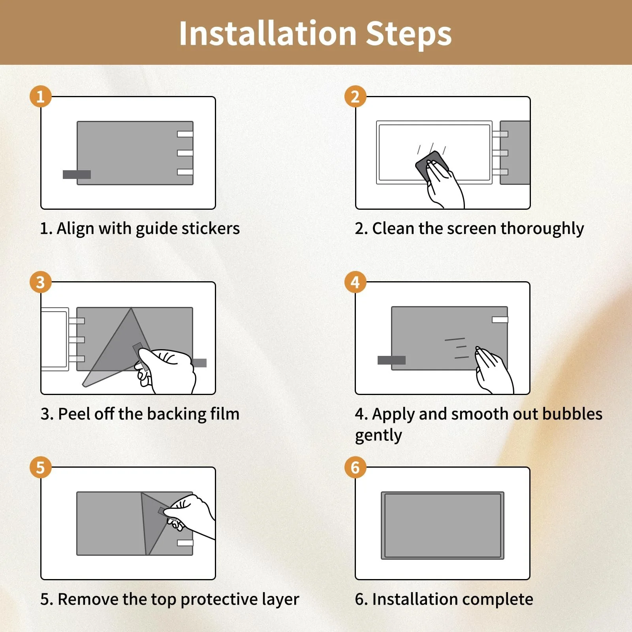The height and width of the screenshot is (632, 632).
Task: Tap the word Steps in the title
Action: [x=409, y=35]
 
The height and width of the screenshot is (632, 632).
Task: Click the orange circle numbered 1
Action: [x=41, y=96]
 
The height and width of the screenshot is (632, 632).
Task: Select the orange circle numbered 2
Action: [x=355, y=96]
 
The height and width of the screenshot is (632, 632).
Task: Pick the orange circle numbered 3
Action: [x=41, y=282]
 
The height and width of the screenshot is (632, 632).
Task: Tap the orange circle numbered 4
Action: [x=355, y=282]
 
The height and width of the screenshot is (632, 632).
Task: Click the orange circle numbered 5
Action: [x=41, y=467]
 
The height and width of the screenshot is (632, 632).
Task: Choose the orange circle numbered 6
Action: [x=355, y=467]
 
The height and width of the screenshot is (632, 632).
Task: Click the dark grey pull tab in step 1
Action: [x=77, y=175]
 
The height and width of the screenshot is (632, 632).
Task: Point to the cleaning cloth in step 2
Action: [x=431, y=166]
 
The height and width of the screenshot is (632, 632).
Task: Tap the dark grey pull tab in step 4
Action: [x=391, y=360]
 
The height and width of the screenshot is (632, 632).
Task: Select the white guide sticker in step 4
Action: [x=500, y=320]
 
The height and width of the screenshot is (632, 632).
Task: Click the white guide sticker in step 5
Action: [x=185, y=543]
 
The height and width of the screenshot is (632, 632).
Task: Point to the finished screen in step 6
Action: [x=442, y=525]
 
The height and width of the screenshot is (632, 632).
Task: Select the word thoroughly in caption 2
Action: [x=542, y=229]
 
